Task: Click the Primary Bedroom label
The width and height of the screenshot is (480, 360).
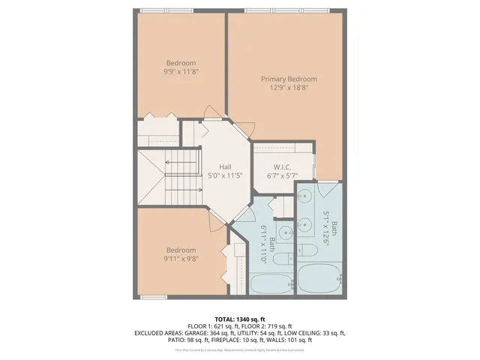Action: pos(289,79)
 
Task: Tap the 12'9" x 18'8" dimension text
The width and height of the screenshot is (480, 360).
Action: pos(289,88)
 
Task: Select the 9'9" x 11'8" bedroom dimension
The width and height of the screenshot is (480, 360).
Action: pos(181,71)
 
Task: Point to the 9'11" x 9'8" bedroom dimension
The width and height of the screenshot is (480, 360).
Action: pos(181,259)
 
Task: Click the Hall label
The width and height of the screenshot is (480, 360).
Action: pos(225,166)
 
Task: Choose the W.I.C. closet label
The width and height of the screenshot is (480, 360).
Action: pos(283,166)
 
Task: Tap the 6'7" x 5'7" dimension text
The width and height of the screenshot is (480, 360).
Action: pos(283,175)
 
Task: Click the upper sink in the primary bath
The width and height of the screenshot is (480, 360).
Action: pos(305,198)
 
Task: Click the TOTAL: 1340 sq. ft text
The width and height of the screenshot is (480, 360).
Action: pos(240,319)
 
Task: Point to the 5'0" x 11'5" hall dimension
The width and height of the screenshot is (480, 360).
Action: pos(225,175)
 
